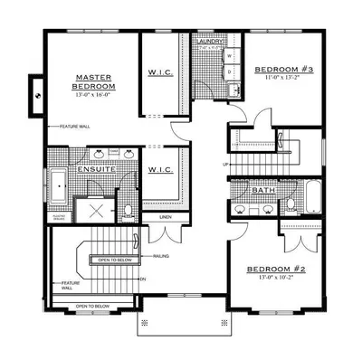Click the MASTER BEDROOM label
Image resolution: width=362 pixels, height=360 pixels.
[x=93, y=82]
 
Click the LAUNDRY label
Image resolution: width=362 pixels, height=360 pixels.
[x=211, y=42]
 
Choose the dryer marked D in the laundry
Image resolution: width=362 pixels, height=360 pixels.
[x=230, y=70]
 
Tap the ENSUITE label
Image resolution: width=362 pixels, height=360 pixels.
[x=95, y=169]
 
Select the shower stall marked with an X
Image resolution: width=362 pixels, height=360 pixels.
[x=96, y=210]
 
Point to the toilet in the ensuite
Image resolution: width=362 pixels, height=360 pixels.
[x=128, y=210]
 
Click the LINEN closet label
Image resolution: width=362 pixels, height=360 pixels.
[x=165, y=218]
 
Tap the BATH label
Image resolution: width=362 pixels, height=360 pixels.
[x=264, y=191]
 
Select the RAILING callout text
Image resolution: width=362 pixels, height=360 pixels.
[x=161, y=257]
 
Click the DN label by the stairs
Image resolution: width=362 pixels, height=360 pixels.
[x=143, y=279]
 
